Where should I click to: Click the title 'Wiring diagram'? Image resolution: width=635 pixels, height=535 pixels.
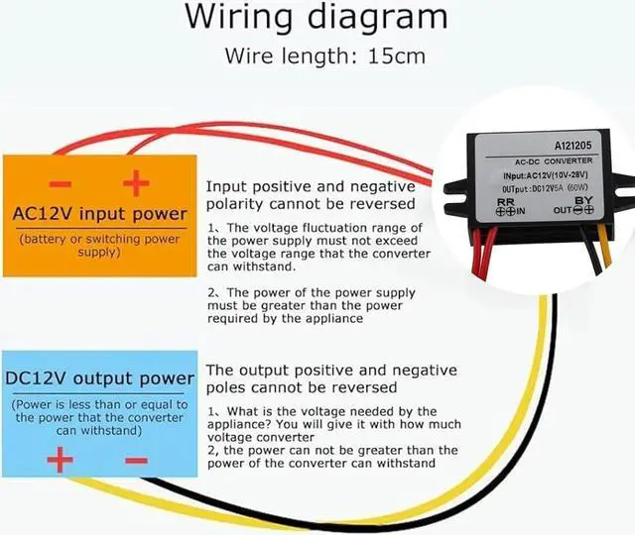click(317, 19)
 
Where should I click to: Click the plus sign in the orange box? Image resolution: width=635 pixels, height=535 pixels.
click(135, 182)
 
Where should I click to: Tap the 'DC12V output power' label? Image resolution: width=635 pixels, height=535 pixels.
click(99, 378)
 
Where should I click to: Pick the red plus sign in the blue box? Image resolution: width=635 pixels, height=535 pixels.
click(61, 460)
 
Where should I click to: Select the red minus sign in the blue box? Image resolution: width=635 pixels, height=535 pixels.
click(136, 460)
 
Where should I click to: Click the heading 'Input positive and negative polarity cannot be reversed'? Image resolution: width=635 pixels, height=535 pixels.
click(309, 195)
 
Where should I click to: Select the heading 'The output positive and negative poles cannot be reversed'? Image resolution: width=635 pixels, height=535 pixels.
click(317, 377)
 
